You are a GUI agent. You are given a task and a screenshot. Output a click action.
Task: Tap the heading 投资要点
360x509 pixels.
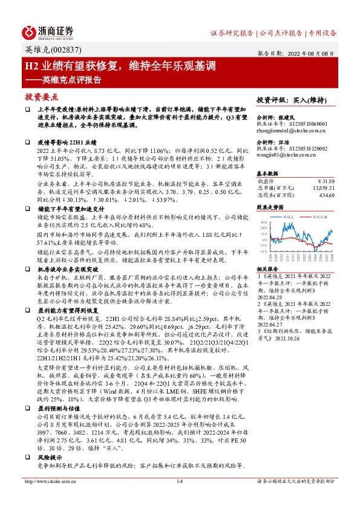point(41,97)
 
